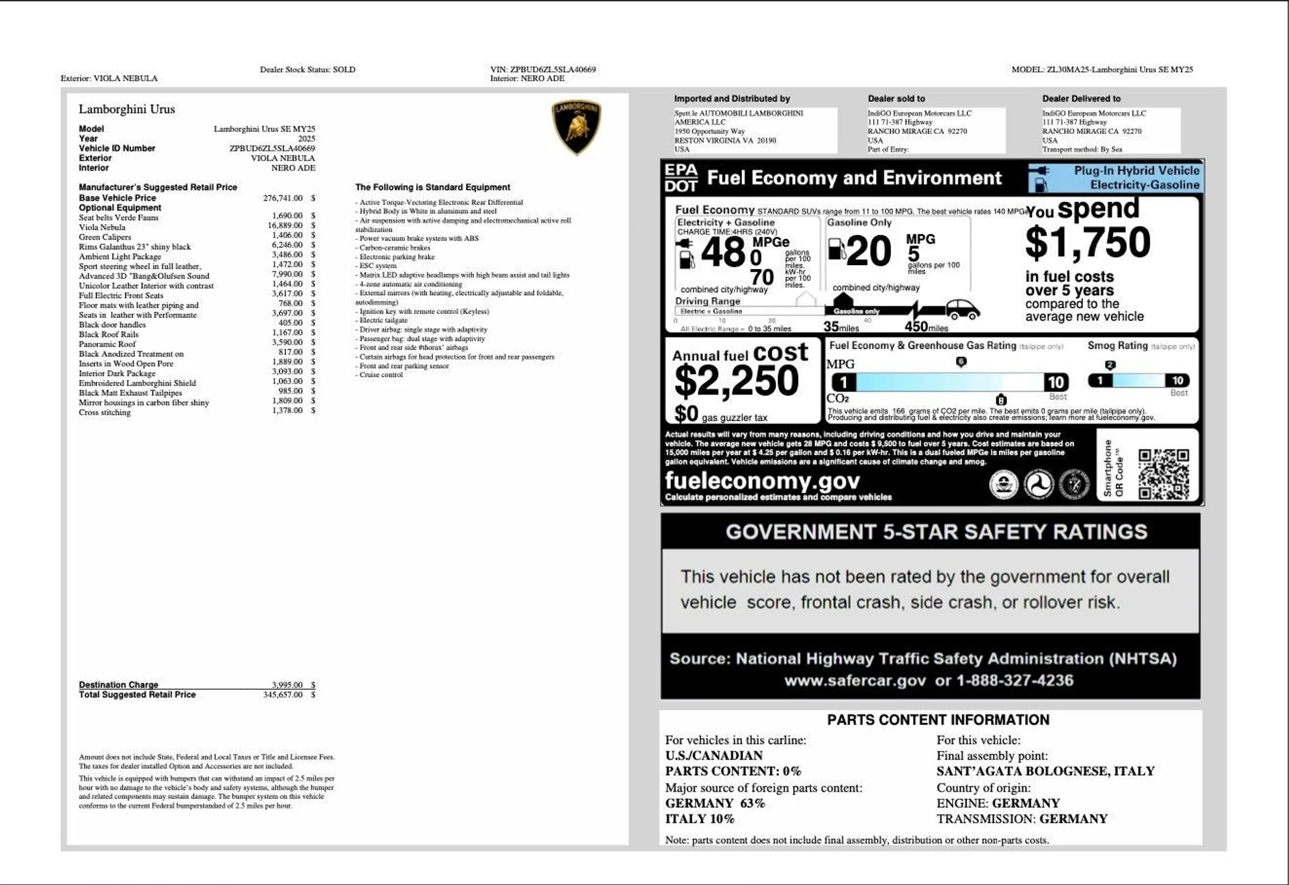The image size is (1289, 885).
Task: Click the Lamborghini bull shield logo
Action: (576, 126)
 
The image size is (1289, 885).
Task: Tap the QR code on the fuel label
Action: (1163, 474)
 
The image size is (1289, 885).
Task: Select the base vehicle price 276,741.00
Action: (283, 198)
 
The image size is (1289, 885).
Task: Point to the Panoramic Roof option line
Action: (107, 344)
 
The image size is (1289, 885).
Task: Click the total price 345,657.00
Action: (283, 695)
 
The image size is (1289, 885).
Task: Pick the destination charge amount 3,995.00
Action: (287, 685)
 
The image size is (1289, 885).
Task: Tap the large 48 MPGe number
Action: (723, 253)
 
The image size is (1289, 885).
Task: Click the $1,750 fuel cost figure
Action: (1087, 242)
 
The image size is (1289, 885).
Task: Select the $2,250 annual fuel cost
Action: (736, 381)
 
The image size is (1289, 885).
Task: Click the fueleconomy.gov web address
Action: (762, 481)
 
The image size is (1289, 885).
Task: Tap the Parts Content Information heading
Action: (938, 720)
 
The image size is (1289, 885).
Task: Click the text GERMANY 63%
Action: (714, 803)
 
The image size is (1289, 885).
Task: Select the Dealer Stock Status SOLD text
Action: (307, 70)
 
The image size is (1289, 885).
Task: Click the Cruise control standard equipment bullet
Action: (381, 375)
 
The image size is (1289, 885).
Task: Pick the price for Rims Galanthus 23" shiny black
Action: (287, 245)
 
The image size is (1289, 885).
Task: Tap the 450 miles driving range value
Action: (925, 327)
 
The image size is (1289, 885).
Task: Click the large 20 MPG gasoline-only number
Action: (869, 252)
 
